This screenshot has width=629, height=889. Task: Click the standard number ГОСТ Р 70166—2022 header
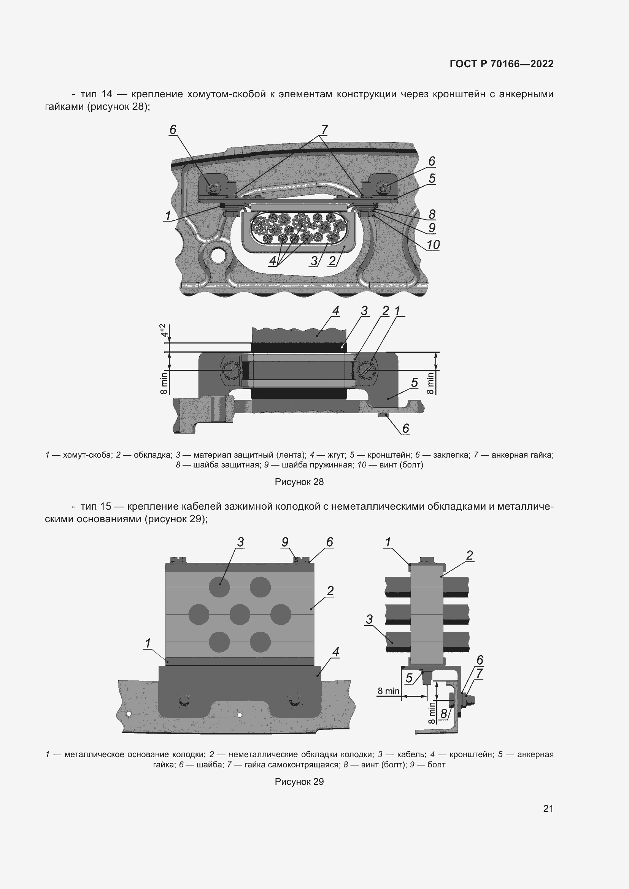pos(502,64)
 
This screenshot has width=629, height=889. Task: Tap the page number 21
pos(548,808)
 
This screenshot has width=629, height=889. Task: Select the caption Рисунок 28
pos(299,482)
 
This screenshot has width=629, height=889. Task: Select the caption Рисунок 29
pos(299,781)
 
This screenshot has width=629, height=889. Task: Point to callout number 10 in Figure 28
pos(433,245)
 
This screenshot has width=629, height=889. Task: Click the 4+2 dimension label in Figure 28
pos(164,330)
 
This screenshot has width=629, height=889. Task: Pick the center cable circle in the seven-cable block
pos(240,615)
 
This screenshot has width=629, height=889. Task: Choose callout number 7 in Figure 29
pos(479,673)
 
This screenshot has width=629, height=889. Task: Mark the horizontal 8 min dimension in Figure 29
pos(389,691)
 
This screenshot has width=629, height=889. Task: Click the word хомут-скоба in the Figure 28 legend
pos(87,455)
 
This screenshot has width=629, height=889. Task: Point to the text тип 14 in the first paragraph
pos(97,94)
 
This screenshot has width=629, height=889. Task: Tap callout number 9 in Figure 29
pos(285,542)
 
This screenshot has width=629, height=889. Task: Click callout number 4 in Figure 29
pos(335,652)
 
